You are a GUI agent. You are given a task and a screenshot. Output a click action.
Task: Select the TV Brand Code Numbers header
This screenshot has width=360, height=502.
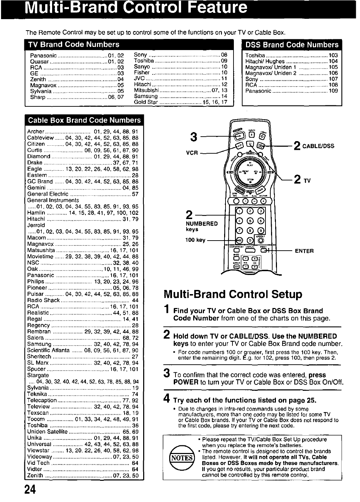click(x=73, y=44)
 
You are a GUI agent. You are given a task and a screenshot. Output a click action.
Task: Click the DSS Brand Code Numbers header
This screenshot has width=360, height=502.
click(x=292, y=44)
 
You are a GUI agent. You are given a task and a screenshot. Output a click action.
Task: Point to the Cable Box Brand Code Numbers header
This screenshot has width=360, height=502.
click(x=84, y=120)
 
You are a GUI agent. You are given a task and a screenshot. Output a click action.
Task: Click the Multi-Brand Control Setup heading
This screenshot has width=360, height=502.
click(x=233, y=294)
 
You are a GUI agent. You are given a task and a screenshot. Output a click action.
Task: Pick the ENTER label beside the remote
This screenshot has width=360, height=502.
click(x=304, y=251)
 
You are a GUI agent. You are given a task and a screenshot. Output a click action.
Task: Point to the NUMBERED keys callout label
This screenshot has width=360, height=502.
click(x=202, y=226)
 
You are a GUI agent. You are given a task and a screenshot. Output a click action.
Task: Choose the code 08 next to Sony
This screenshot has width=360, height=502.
click(x=224, y=55)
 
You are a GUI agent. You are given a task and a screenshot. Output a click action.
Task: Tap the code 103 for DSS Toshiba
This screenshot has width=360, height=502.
click(x=333, y=55)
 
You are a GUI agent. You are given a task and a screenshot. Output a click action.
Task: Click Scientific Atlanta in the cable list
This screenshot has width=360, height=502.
click(x=48, y=350)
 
